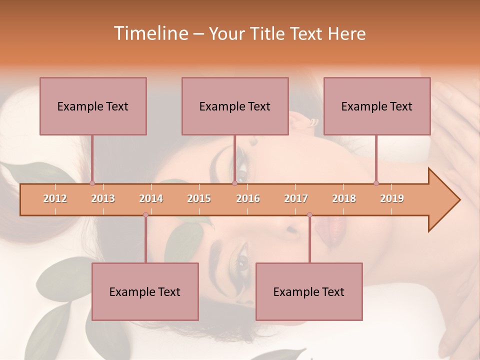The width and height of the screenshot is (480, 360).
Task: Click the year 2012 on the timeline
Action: click(55, 198)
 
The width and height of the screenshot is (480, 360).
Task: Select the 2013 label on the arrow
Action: click(103, 198)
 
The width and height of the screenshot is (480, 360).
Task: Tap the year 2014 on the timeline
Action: click(151, 198)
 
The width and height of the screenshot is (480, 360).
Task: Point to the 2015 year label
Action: click(199, 198)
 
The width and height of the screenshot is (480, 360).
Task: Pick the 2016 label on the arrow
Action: click(248, 198)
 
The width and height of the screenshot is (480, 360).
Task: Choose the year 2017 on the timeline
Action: click(296, 198)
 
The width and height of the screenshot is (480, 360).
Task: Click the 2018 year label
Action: click(344, 198)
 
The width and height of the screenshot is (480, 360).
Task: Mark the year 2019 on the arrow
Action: click(392, 198)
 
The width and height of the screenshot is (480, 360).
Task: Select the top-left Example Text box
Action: click(93, 106)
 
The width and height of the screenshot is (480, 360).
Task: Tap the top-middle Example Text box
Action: click(235, 106)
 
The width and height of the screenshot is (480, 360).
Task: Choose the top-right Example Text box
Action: click(377, 106)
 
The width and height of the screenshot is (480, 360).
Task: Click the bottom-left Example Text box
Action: click(145, 291)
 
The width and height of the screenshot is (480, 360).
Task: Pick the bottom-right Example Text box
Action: click(309, 291)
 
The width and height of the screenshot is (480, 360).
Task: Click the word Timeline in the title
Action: click(150, 33)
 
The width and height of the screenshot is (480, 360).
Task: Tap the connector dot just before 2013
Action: click(92, 183)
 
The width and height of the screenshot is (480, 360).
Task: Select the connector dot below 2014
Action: click(145, 215)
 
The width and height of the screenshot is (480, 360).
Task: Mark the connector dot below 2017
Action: click(309, 215)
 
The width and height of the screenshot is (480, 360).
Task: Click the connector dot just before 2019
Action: click(376, 183)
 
